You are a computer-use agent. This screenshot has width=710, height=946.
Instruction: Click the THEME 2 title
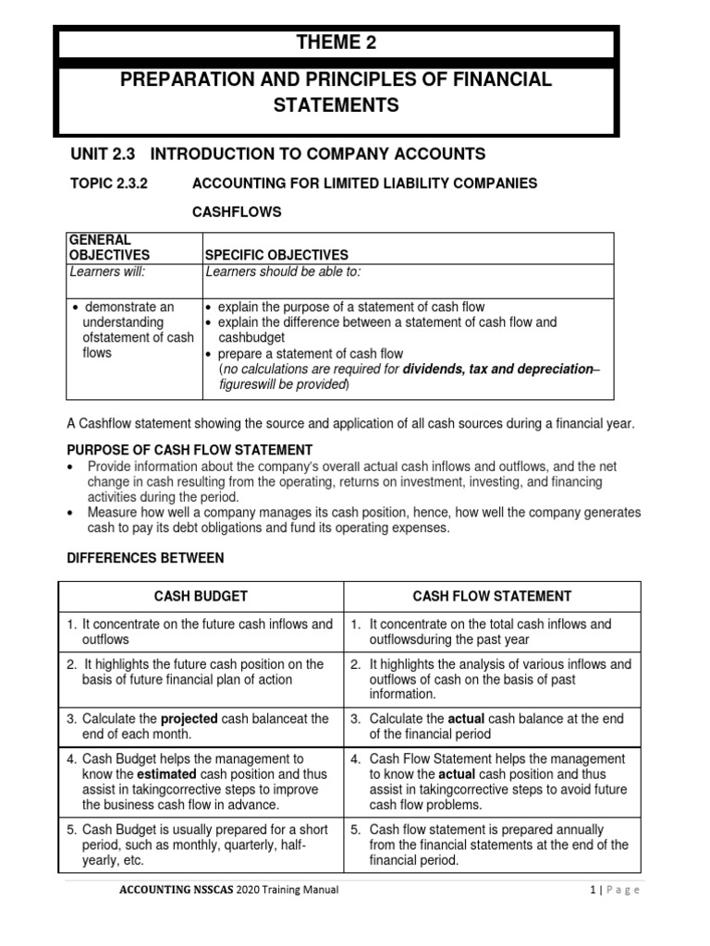coord(337,42)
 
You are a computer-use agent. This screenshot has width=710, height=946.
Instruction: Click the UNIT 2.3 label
coord(102,153)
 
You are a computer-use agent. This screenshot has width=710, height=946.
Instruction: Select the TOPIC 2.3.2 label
coord(109,183)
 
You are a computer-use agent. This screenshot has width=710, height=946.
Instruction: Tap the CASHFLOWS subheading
coord(236,212)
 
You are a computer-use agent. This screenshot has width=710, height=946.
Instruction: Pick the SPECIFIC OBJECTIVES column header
coord(276,254)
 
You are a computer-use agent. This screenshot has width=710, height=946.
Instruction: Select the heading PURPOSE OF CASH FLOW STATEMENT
coord(190,449)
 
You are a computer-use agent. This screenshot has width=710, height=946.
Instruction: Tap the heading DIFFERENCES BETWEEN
coord(145,558)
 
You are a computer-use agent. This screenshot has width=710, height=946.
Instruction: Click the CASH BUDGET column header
coord(202,596)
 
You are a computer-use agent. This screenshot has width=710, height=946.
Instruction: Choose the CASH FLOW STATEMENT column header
coord(492,596)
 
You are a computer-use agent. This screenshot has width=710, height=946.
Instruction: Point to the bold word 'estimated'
coord(166,774)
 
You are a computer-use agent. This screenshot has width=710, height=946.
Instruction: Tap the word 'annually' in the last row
coord(575,829)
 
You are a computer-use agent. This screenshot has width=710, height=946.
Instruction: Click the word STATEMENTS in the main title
coord(337,105)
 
